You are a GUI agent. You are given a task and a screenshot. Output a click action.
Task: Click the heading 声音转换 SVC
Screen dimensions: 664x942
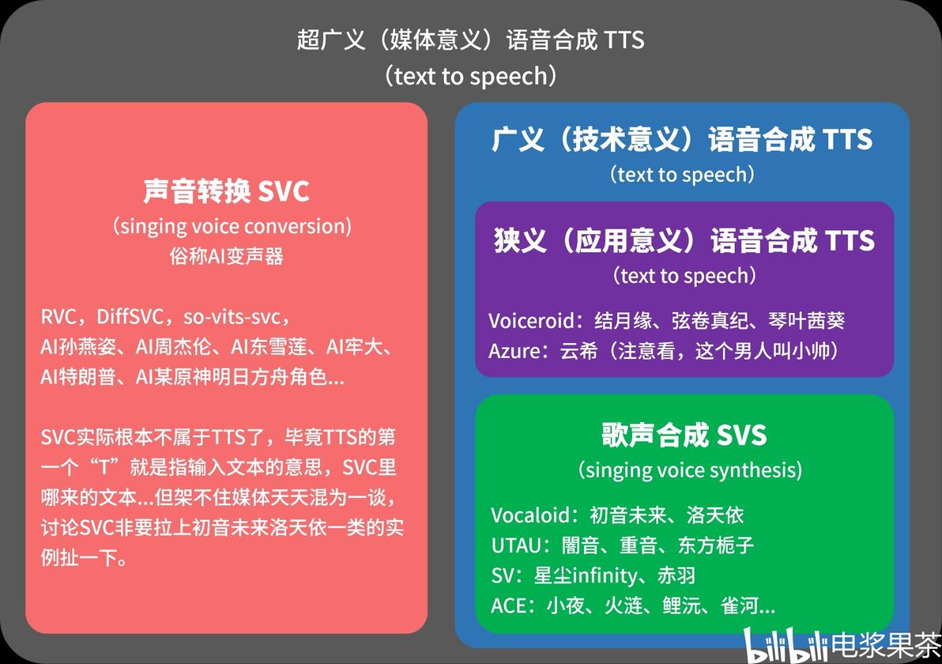pos(226,191)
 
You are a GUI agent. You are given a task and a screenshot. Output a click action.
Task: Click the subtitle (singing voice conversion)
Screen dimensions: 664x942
pos(232,227)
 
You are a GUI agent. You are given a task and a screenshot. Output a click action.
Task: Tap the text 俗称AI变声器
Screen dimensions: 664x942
pos(226,256)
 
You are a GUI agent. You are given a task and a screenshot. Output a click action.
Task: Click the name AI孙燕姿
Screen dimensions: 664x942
pos(79,347)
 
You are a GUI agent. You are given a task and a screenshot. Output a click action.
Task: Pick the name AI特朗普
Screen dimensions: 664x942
pos(79,377)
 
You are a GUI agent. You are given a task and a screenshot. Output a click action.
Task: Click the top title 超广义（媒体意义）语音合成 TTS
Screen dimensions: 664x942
pos(471,40)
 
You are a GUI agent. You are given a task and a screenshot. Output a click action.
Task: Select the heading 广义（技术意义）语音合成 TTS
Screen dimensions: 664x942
pos(681,140)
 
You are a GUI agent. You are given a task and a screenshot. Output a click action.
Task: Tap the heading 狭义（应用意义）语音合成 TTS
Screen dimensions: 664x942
pos(684,240)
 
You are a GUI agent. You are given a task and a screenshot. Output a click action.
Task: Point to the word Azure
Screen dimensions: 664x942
pos(513,350)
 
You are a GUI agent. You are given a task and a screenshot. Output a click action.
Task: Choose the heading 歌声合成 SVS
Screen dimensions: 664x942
pos(684,435)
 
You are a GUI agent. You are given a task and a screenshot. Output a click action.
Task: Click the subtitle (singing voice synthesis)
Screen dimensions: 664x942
pos(689,470)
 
